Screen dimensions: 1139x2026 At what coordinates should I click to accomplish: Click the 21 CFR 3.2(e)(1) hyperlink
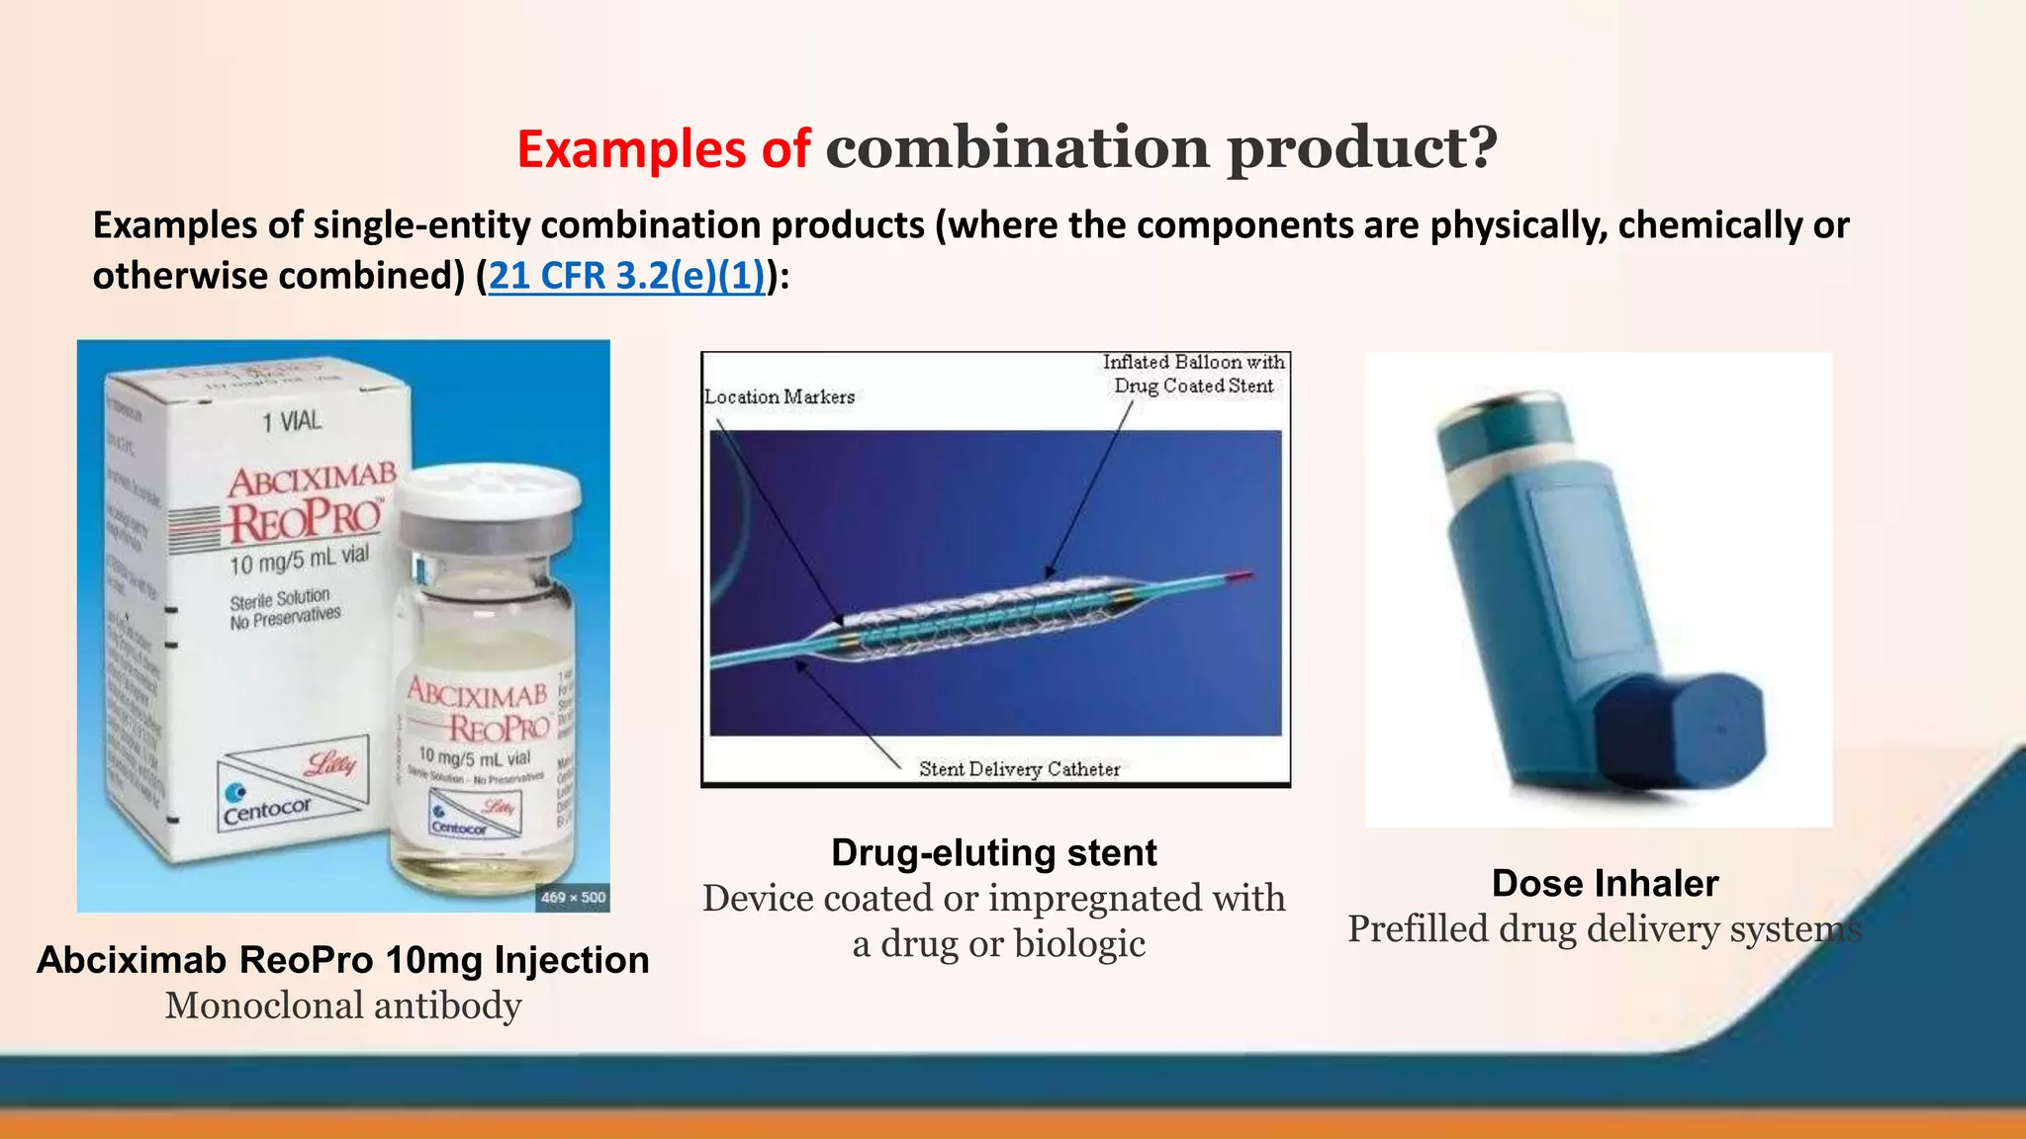coord(627,276)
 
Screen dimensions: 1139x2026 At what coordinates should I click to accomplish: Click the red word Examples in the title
coord(631,149)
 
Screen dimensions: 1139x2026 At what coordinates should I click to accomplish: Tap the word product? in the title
coord(1362,147)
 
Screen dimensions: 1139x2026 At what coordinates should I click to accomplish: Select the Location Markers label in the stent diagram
coord(780,396)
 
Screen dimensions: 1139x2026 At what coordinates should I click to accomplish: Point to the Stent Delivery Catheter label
coord(1019,769)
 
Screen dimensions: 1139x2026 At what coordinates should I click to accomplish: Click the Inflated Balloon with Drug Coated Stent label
coord(1193,375)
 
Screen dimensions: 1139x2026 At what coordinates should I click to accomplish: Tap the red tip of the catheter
coord(1242,575)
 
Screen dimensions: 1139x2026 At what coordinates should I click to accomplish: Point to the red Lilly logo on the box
coord(330,764)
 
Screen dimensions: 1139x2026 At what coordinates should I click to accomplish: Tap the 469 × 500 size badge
coord(573,897)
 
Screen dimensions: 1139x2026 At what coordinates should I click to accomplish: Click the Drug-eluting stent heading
coord(993,852)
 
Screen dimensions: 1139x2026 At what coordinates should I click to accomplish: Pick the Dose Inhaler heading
coord(1605,883)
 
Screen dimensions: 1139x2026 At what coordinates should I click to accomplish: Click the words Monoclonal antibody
coord(343,1006)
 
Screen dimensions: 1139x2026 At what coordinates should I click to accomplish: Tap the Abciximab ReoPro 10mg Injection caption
coord(343,960)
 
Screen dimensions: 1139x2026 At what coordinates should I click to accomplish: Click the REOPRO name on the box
coord(305,521)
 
